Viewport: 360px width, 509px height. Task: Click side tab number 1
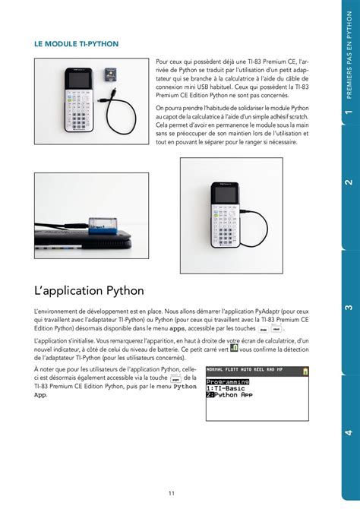click(x=349, y=113)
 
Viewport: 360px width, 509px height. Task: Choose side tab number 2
click(x=349, y=183)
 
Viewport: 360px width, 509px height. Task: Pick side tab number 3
click(x=349, y=308)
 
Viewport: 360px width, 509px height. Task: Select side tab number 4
click(x=349, y=432)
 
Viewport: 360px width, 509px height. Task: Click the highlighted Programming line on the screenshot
click(x=228, y=381)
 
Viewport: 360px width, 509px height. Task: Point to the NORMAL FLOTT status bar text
click(x=223, y=370)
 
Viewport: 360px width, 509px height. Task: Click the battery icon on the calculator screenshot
click(x=305, y=371)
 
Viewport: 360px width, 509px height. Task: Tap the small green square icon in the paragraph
click(x=234, y=348)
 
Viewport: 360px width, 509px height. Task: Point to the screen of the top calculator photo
click(x=77, y=78)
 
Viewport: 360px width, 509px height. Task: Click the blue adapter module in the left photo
click(x=100, y=226)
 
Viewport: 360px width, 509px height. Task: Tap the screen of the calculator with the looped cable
click(x=223, y=194)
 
